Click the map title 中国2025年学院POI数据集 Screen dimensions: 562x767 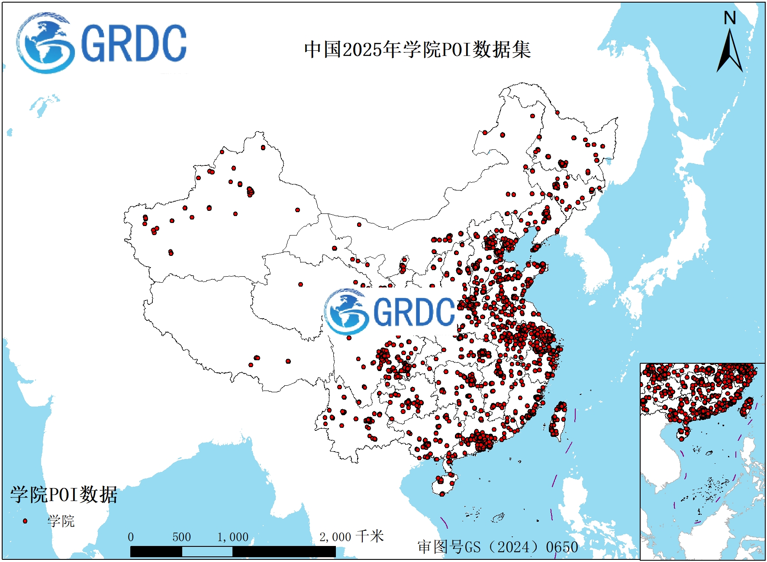click(x=417, y=49)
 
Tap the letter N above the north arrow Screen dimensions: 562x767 click(x=730, y=18)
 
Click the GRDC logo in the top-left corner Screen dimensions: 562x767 click(x=102, y=43)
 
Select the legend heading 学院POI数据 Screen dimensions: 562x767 click(x=64, y=494)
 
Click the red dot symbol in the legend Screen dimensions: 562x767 click(x=25, y=521)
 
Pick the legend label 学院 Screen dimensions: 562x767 click(x=61, y=521)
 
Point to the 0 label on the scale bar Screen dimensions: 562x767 click(x=131, y=537)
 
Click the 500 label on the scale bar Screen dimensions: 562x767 click(x=181, y=537)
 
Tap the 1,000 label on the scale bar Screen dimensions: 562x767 click(x=233, y=537)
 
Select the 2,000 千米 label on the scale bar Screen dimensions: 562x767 click(x=351, y=537)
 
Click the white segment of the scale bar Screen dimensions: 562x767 click(x=207, y=552)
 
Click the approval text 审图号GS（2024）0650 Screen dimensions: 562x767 click(x=498, y=547)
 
